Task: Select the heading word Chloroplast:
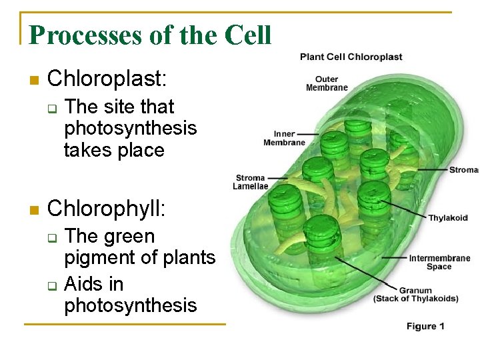(107, 79)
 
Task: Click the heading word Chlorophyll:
(107, 209)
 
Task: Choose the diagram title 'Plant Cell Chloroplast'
(351, 57)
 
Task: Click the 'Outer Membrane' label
(327, 83)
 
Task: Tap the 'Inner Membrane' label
(284, 138)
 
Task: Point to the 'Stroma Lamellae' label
(251, 182)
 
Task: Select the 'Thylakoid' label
(447, 218)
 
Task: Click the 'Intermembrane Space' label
(439, 262)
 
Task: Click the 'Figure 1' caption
(425, 326)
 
